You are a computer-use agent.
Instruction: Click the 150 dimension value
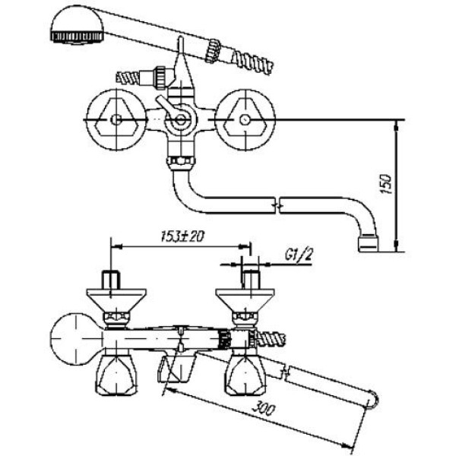387,183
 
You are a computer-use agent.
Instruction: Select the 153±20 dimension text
182,236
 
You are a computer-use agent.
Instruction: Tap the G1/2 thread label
299,255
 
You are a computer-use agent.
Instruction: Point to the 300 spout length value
263,409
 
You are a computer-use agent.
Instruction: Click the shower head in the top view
77,26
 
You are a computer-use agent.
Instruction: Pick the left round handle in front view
116,120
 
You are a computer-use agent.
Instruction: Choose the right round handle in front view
245,120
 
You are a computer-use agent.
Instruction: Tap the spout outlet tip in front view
369,244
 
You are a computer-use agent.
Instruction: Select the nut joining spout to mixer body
181,163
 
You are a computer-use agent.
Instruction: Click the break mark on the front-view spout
277,206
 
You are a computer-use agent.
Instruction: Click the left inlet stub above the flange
111,280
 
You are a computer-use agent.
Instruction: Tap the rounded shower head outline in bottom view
76,339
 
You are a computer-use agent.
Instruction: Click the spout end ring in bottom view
372,399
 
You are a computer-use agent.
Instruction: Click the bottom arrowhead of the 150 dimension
396,246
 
